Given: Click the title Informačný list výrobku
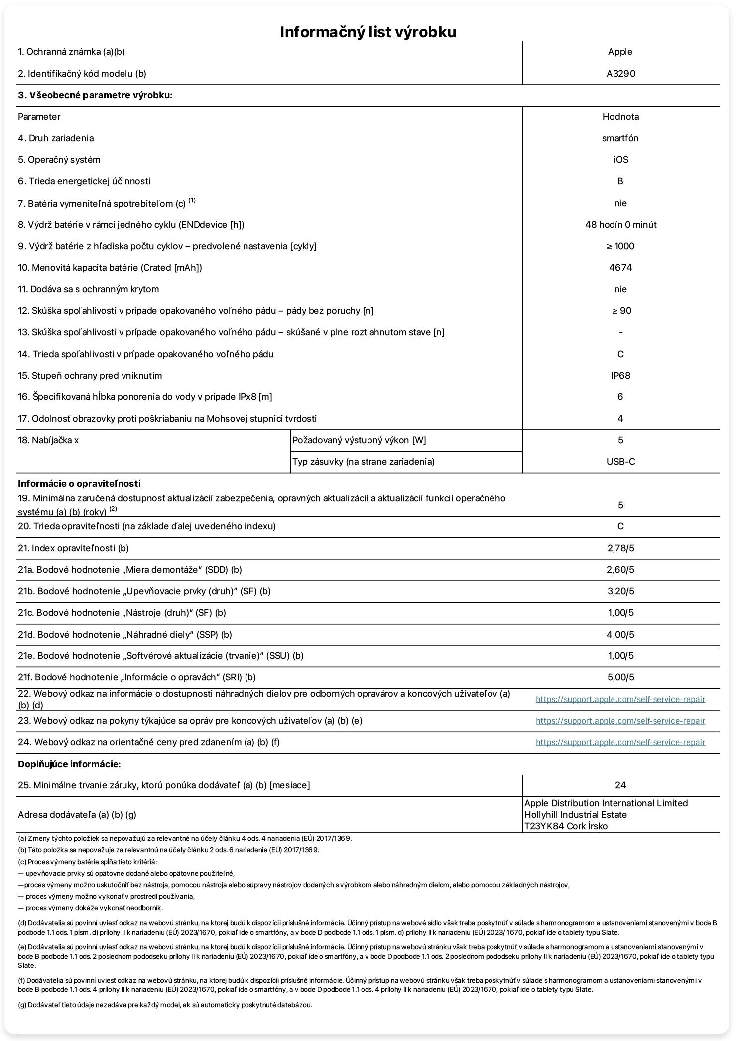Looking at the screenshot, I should point(368,32).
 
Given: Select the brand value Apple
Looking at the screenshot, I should point(620,52).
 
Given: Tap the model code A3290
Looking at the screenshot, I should point(620,74).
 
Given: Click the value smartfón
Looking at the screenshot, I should point(620,138).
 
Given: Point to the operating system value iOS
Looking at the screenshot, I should point(620,160).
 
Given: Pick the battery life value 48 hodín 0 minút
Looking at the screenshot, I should point(620,225).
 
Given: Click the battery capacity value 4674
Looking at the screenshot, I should point(620,268).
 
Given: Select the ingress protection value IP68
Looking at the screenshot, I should point(620,376).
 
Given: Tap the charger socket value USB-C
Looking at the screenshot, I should point(620,462).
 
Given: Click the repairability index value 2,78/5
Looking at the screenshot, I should point(620,548).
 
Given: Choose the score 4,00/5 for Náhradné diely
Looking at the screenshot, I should point(620,635).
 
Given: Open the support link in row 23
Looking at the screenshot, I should point(620,721).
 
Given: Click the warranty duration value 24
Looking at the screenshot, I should point(620,785).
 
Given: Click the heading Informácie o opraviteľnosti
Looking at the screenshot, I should point(80,483).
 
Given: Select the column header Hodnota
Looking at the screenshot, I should point(620,117).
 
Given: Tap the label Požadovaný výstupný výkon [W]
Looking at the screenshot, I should point(359,440).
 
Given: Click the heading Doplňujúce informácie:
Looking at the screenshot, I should point(69,764).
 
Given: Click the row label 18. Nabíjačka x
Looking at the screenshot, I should point(48,440).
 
